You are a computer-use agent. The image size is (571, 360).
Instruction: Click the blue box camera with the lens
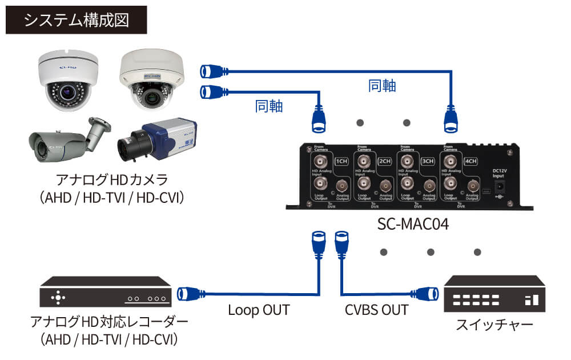(x=157, y=140)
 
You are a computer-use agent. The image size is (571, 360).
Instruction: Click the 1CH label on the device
(x=341, y=161)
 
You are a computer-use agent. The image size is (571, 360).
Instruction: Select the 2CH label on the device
(x=386, y=161)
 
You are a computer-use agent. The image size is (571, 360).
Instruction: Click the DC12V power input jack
(x=501, y=187)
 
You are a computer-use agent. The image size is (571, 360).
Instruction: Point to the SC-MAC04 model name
(x=413, y=224)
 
